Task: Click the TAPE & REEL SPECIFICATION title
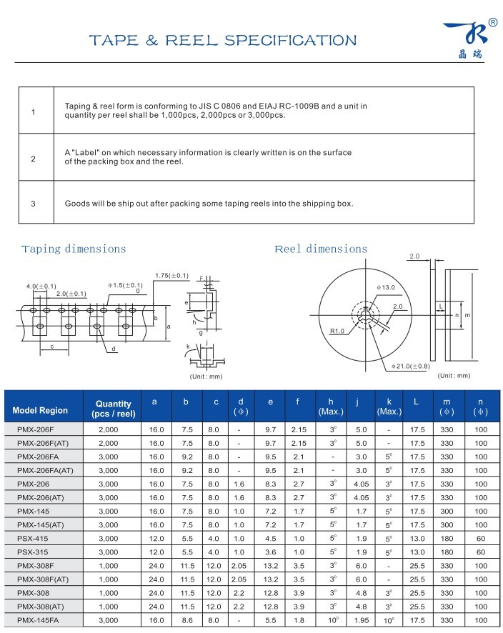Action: pos(222,40)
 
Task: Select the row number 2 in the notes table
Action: pos(33,158)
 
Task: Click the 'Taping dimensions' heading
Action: pos(74,249)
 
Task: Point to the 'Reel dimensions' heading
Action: pos(321,249)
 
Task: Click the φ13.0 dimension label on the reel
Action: pos(386,287)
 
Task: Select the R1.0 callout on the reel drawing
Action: pos(338,331)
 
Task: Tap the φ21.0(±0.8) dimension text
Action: pos(410,367)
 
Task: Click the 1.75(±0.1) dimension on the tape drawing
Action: pos(171,276)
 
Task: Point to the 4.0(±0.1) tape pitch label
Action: pos(41,286)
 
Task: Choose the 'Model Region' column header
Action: pos(40,410)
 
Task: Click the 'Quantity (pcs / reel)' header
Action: pos(114,409)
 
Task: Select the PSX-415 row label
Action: pos(33,538)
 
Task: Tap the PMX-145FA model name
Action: pos(37,620)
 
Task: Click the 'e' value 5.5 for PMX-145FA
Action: pos(270,620)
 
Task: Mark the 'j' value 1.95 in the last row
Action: pos(361,620)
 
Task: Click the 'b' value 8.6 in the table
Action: pos(186,620)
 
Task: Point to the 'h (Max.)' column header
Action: pos(331,406)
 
